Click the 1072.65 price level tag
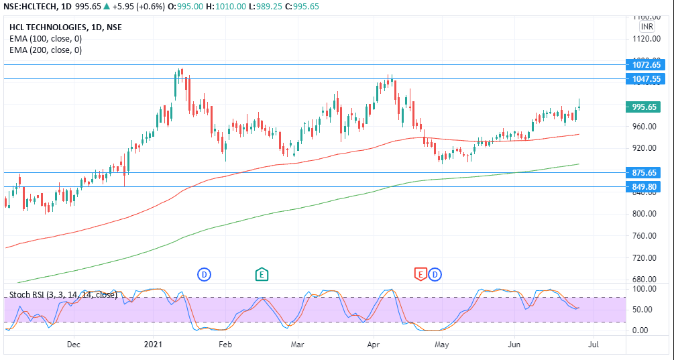click(647, 65)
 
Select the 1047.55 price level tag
click(647, 79)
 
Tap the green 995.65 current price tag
click(647, 107)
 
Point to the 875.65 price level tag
click(647, 172)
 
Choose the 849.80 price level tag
click(647, 186)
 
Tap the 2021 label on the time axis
click(154, 345)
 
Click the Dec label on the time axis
click(74, 345)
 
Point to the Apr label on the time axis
click(372, 345)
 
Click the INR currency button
click(647, 27)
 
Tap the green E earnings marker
click(262, 274)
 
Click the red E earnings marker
click(420, 274)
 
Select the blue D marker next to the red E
click(435, 274)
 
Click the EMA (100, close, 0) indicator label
click(46, 39)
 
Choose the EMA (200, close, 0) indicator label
click(46, 50)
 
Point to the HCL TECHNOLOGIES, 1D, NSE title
click(66, 27)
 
